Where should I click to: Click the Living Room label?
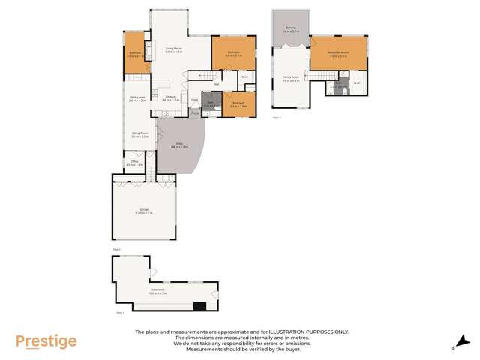(x=173, y=50)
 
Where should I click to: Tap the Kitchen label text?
(x=169, y=98)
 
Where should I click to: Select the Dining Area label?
(x=136, y=98)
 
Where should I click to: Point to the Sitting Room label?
(x=139, y=135)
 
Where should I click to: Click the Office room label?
(x=134, y=163)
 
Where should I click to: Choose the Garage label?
(x=142, y=211)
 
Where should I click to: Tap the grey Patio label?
(x=180, y=145)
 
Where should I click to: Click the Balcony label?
(x=291, y=30)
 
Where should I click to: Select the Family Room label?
(x=291, y=78)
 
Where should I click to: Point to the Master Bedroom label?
(x=338, y=53)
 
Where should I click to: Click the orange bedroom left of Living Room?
(x=135, y=53)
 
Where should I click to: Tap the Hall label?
(x=216, y=83)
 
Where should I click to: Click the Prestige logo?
(x=46, y=341)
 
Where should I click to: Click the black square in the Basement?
(x=199, y=305)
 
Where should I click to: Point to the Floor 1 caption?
(x=120, y=312)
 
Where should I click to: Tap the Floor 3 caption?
(x=277, y=118)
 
